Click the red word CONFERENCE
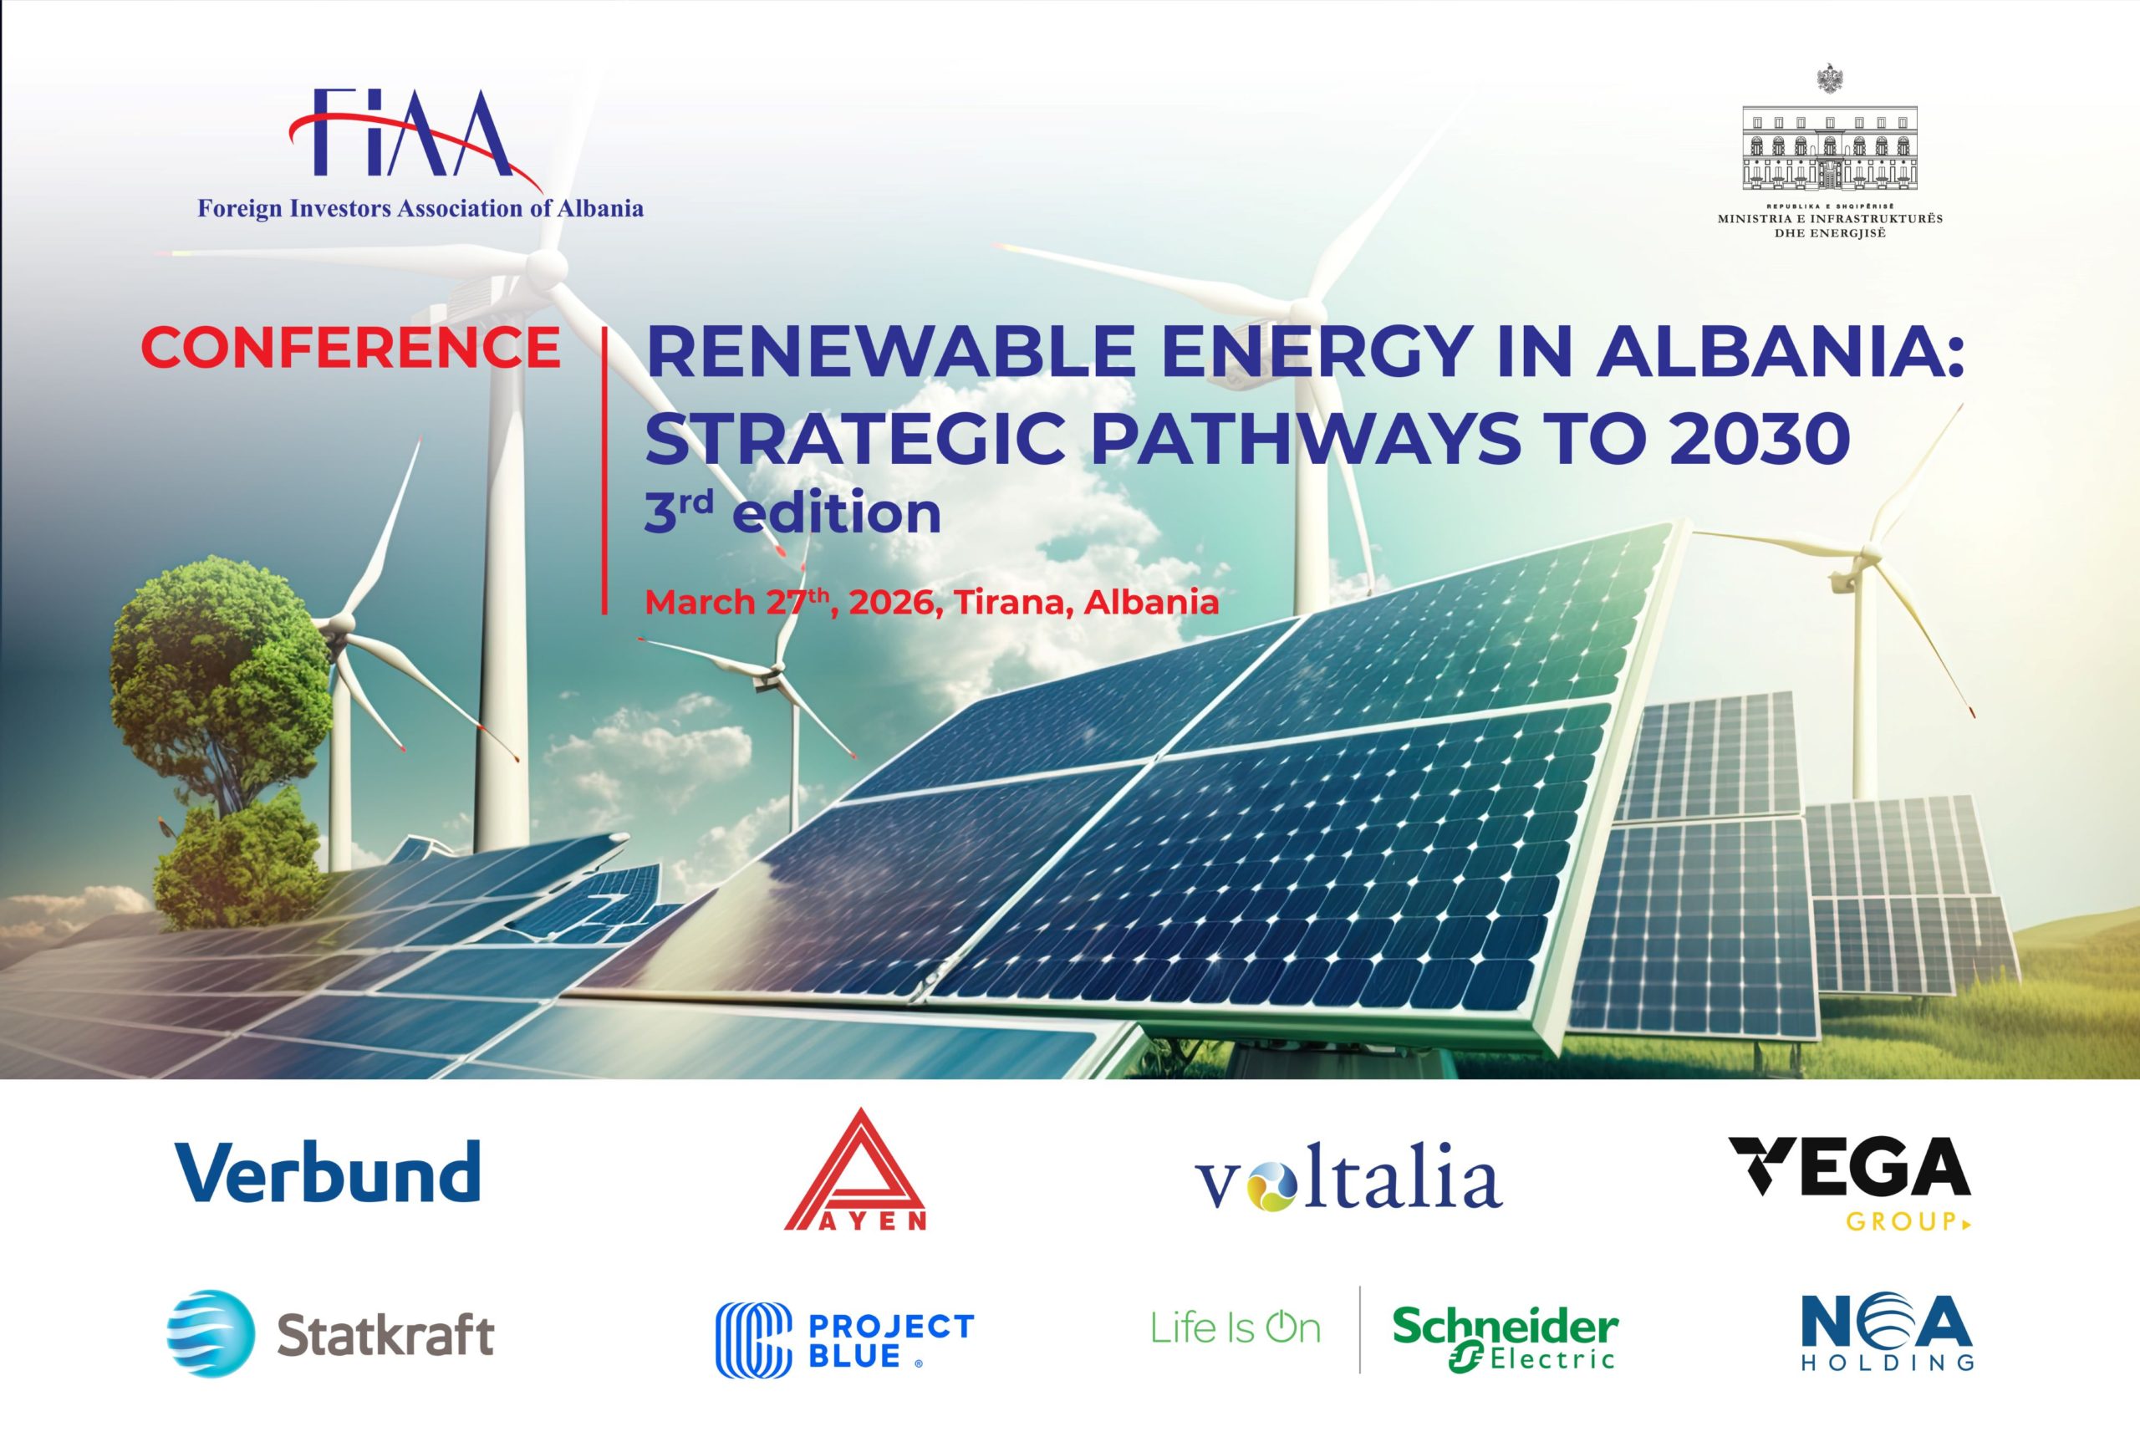pos(350,347)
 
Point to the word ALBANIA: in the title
pos(1781,351)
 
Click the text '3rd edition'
pos(792,512)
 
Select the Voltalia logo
pos(1348,1182)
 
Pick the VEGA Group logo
pos(1850,1182)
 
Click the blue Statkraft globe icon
pos(211,1333)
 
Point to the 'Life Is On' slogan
pos(1236,1329)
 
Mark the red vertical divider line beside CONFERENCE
pos(604,471)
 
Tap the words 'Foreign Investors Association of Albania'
pos(420,209)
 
